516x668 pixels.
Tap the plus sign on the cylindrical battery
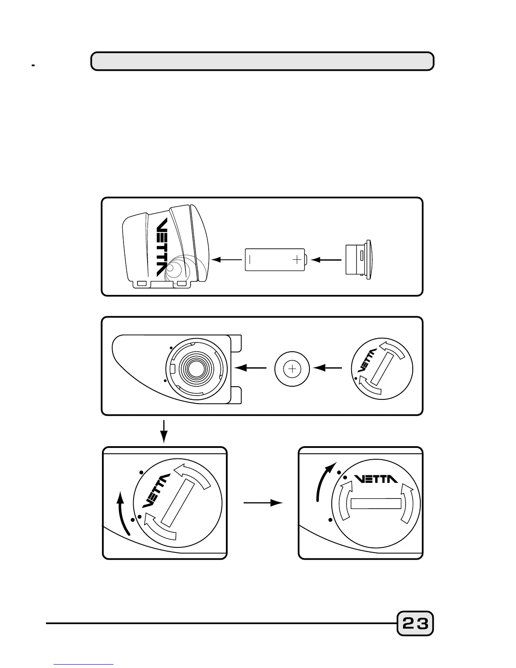298,259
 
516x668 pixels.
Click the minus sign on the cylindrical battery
250,259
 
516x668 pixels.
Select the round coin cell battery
292,369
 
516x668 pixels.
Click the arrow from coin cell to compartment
250,368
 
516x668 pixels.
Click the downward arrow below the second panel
165,431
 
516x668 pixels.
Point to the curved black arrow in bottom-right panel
324,481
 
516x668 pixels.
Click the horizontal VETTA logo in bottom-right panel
376,479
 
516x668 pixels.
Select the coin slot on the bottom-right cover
376,504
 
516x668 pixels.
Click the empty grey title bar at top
262,61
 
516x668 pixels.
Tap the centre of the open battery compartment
195,369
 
